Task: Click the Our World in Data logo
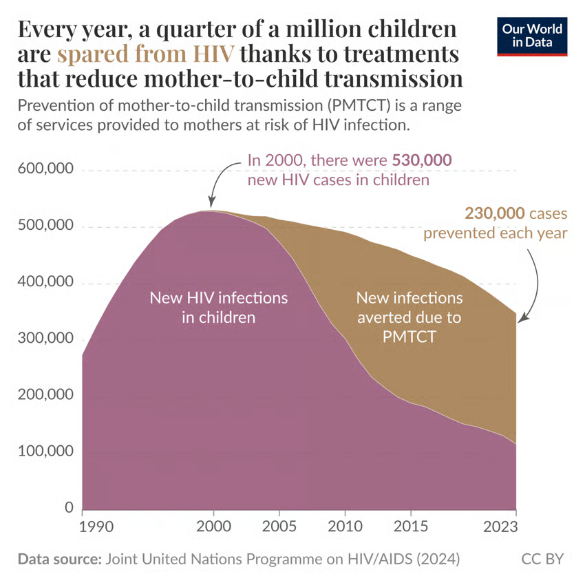(532, 38)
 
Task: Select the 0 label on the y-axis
(68, 508)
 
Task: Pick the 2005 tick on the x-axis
(279, 528)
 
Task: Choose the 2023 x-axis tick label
(515, 528)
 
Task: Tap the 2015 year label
(410, 528)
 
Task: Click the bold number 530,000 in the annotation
(422, 160)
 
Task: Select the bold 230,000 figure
(495, 213)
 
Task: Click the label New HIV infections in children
(218, 308)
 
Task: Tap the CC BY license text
(543, 558)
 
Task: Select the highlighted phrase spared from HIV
(146, 54)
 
